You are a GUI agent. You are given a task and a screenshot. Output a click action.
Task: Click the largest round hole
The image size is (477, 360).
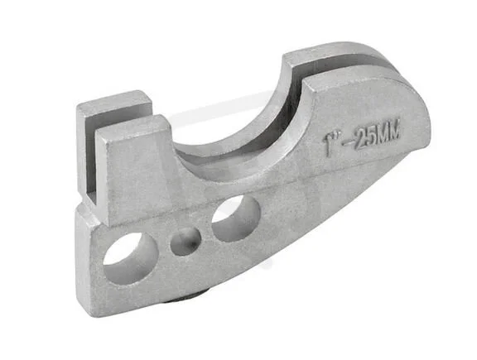click(131, 258)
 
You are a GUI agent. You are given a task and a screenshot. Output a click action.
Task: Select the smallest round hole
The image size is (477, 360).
click(185, 242)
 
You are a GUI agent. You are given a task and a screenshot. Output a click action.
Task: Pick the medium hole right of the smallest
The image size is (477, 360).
click(236, 218)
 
